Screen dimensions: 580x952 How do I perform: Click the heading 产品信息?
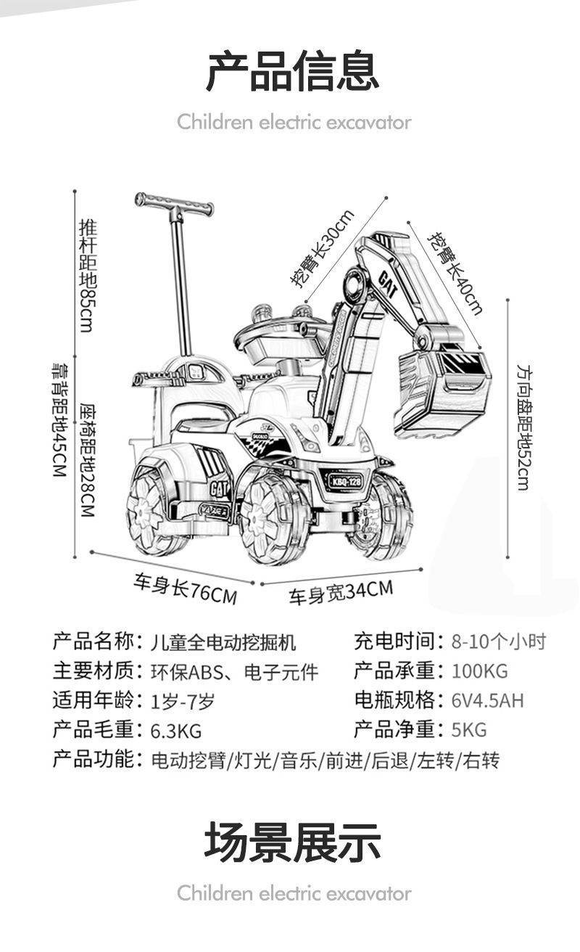tap(292, 70)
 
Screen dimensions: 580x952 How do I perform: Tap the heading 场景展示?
tap(292, 842)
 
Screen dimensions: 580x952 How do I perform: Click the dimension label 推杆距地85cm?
tap(87, 275)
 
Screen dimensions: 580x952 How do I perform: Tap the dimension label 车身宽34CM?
tap(341, 592)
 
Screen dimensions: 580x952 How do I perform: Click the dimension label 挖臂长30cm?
tap(323, 248)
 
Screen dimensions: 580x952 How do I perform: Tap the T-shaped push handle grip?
tap(174, 204)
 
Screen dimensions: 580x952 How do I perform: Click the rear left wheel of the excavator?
tap(152, 504)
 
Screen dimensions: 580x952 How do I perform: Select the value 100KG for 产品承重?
tap(479, 670)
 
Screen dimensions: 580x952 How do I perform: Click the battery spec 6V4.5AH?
tap(487, 700)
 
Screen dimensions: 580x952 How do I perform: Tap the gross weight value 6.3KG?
tap(176, 730)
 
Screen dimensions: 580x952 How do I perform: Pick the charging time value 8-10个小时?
tap(498, 641)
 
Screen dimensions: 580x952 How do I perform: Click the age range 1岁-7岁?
tap(183, 701)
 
